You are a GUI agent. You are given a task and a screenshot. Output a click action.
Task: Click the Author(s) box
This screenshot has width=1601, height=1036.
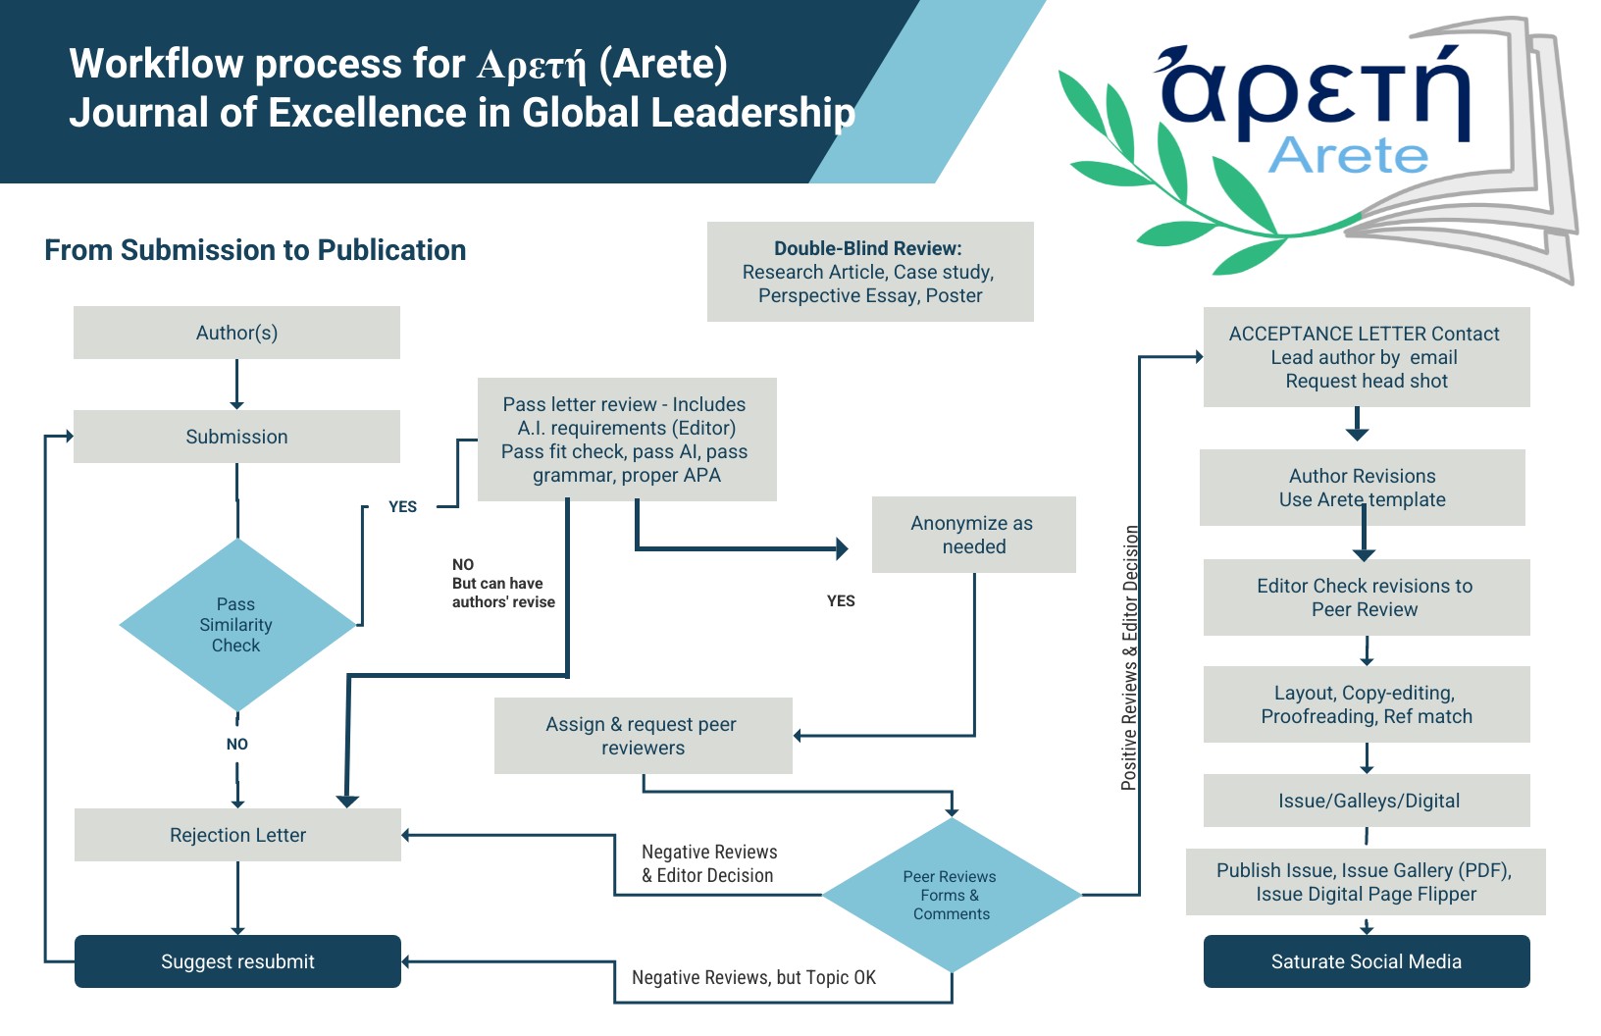236,333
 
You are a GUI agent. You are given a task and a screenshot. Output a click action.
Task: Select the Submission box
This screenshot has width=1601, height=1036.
236,437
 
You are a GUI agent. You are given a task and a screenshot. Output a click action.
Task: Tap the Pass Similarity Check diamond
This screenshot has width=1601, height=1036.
236,625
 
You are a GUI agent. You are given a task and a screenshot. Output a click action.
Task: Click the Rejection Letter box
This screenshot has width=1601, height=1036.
237,835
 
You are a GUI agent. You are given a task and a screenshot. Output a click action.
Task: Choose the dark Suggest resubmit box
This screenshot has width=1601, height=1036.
237,961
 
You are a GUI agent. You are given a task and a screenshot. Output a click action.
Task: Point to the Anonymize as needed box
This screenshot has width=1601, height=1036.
973,535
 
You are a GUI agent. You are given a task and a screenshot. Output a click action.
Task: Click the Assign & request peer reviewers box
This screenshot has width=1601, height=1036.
643,736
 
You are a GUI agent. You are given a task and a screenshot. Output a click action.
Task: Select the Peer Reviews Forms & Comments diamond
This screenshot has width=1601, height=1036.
951,895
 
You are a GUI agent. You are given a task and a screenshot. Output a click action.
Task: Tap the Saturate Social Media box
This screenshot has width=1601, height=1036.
1366,961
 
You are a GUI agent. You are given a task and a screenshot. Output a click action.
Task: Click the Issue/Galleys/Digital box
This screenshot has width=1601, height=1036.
1367,801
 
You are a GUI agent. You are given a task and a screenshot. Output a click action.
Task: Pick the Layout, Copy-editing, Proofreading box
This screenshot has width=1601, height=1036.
1367,704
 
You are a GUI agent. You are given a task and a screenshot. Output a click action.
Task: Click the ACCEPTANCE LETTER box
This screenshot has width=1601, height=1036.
1366,357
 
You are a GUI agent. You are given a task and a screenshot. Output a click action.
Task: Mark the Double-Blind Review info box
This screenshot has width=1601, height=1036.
870,272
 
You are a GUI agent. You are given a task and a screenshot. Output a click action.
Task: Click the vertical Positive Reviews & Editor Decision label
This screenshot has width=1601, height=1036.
1130,657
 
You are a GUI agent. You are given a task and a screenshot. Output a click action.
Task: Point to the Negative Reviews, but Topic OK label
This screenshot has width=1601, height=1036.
753,977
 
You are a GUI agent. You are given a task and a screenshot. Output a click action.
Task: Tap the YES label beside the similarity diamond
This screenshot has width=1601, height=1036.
402,506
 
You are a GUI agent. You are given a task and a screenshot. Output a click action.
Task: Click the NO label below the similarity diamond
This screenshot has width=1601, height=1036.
236,744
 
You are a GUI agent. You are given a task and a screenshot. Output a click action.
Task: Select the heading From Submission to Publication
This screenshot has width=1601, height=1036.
255,250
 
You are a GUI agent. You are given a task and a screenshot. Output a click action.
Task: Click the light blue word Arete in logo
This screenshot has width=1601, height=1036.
1348,155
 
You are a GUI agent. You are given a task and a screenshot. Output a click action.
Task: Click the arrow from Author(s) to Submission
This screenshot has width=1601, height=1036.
236,384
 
